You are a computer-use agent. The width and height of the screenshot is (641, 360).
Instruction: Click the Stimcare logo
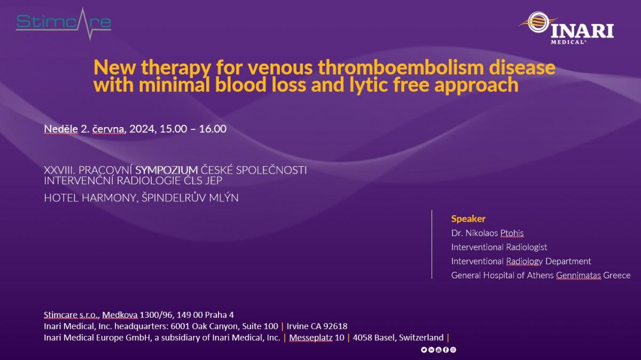64,24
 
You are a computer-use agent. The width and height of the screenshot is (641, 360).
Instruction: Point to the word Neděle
61,129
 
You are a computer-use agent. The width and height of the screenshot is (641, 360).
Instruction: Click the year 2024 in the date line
142,129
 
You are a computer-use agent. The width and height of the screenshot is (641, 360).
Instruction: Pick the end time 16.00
213,129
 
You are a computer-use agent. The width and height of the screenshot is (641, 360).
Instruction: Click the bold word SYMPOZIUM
167,170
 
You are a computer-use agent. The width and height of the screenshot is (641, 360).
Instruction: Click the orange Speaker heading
468,219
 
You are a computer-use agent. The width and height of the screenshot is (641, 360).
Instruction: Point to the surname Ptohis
512,233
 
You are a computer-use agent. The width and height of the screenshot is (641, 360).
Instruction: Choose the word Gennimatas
579,275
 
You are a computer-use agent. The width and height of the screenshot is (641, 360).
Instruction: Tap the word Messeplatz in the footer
311,338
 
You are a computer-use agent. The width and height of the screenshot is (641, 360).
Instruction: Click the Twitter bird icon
424,350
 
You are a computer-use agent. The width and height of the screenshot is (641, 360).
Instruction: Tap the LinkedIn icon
431,350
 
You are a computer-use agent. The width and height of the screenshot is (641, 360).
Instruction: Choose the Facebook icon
446,350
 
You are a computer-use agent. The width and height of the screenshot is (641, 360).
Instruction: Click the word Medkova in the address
120,315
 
